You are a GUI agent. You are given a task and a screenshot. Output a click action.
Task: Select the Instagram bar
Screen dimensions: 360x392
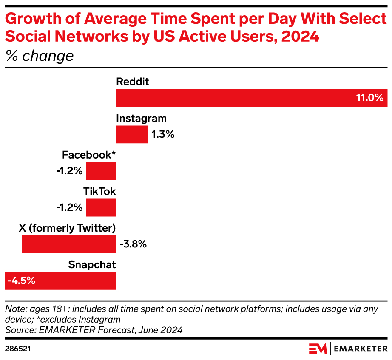click(132, 135)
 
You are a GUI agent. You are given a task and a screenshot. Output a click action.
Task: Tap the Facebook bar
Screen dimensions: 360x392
click(101, 171)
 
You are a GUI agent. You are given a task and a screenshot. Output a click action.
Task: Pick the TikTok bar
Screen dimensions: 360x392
click(101, 208)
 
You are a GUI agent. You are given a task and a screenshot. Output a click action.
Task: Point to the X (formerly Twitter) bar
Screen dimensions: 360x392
click(69, 244)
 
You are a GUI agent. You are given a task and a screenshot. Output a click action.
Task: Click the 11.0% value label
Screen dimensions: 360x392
click(370, 98)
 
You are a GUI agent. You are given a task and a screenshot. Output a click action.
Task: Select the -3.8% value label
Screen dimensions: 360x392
click(133, 244)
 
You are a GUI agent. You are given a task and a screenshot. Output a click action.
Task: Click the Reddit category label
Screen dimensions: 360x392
click(133, 82)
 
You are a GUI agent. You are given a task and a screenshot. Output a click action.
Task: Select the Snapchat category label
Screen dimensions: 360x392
click(92, 265)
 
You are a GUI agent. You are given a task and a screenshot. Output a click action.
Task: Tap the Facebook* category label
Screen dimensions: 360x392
click(89, 155)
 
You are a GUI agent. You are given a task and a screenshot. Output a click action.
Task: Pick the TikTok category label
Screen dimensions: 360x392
click(99, 192)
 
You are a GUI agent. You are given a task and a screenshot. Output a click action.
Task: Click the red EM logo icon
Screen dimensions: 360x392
click(318, 349)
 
